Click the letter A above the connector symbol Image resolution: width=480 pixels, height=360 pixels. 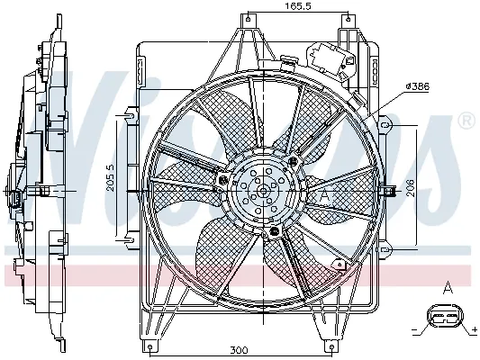[x=446, y=288]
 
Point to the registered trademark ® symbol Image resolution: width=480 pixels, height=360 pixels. [x=466, y=120]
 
